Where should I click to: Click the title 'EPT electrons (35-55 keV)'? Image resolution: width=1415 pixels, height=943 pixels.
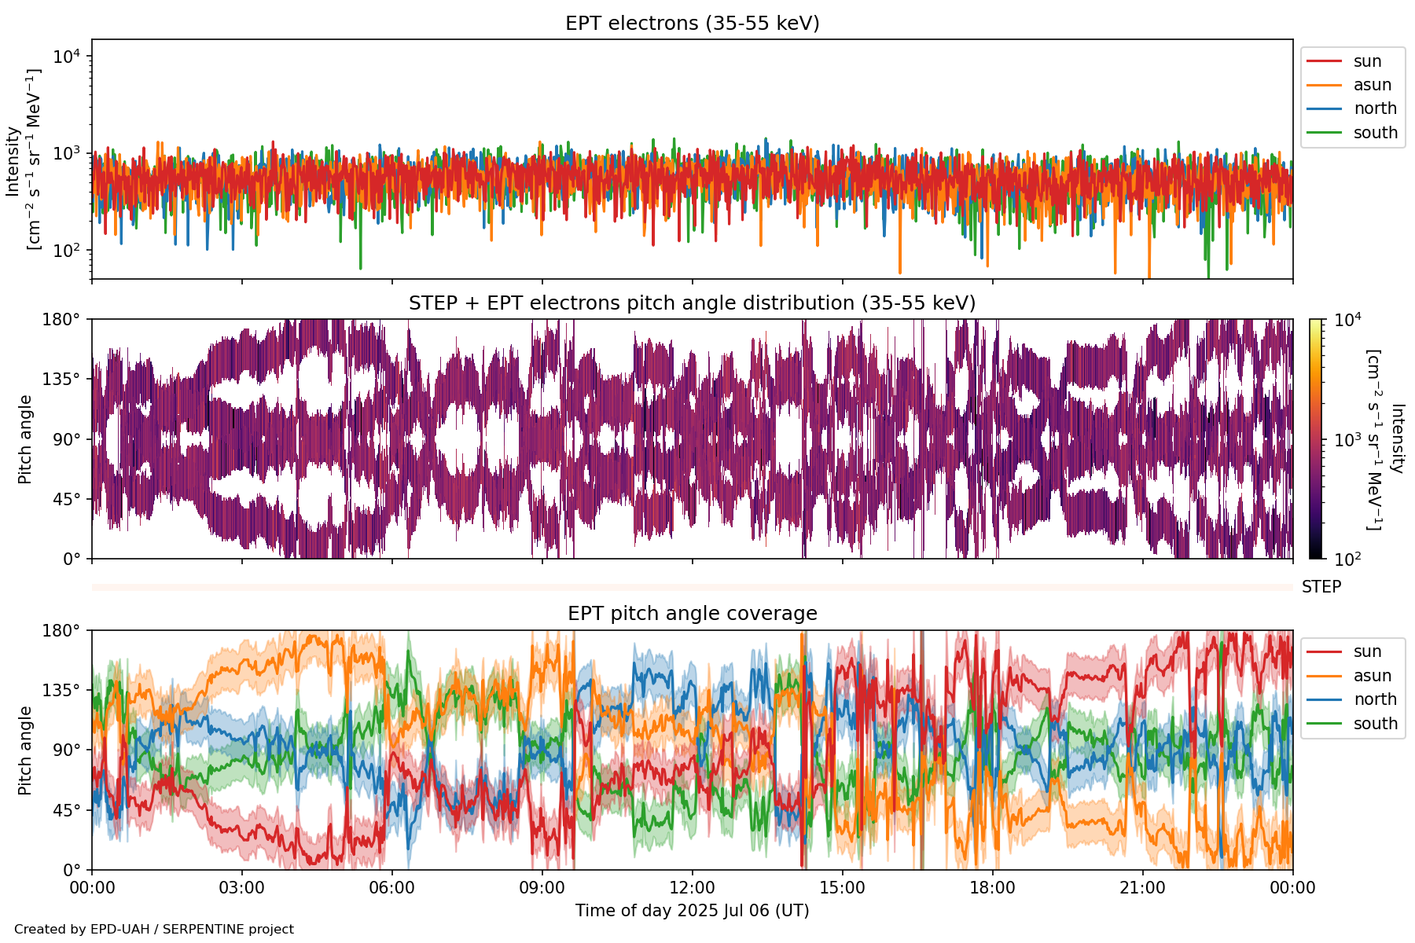click(692, 24)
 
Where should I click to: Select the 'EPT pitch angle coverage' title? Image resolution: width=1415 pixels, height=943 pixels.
click(692, 614)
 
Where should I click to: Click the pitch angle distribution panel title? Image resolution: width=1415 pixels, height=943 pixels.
click(692, 303)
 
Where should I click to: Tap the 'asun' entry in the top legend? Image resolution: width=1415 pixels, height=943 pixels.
click(1372, 85)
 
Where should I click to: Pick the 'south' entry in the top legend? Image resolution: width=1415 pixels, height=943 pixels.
click(1375, 133)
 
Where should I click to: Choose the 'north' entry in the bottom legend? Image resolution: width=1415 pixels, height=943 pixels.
click(1375, 699)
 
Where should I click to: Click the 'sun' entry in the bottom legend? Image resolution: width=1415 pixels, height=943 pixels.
click(1367, 651)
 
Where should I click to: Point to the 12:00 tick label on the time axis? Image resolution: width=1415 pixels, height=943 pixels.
click(692, 888)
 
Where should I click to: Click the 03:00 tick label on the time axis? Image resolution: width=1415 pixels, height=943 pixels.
click(241, 888)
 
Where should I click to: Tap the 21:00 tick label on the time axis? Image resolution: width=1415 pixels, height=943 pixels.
click(1142, 888)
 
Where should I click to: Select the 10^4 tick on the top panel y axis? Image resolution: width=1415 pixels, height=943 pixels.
click(66, 57)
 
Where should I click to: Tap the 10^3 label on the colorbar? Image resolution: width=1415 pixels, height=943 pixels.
click(1347, 439)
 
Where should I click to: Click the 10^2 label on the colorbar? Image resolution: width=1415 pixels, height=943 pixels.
click(1347, 560)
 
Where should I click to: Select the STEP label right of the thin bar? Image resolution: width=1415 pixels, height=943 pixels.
click(1321, 587)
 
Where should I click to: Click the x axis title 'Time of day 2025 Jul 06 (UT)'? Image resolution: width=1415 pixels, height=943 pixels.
click(692, 911)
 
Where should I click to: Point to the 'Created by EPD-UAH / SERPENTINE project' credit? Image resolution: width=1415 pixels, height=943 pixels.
click(154, 930)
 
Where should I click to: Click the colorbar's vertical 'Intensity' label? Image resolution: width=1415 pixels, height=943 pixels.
click(1397, 438)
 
